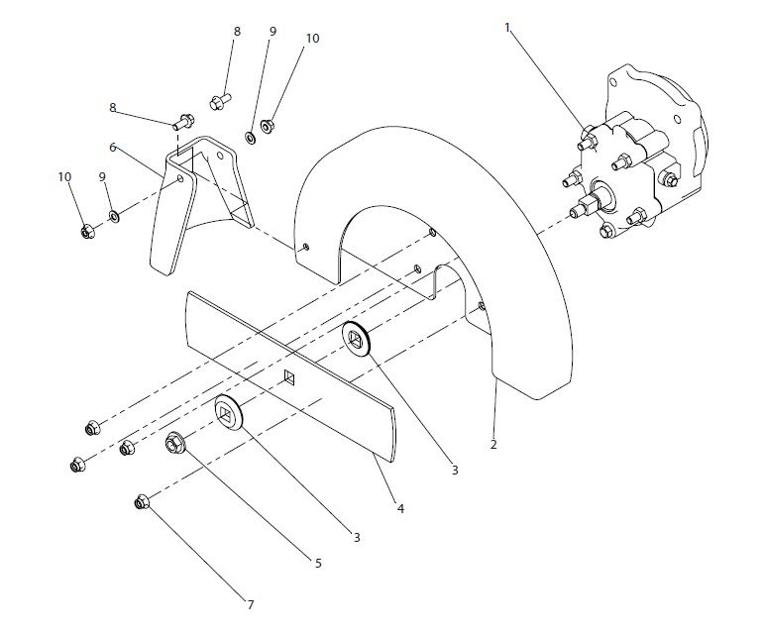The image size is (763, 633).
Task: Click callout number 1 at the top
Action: [508, 28]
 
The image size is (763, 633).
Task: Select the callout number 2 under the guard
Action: [492, 445]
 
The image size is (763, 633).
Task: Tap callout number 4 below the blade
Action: [400, 508]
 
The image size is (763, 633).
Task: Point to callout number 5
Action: [318, 563]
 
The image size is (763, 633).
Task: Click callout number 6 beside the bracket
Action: [113, 147]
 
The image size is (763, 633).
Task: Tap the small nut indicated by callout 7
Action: [142, 503]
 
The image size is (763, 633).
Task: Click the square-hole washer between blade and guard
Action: [356, 339]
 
